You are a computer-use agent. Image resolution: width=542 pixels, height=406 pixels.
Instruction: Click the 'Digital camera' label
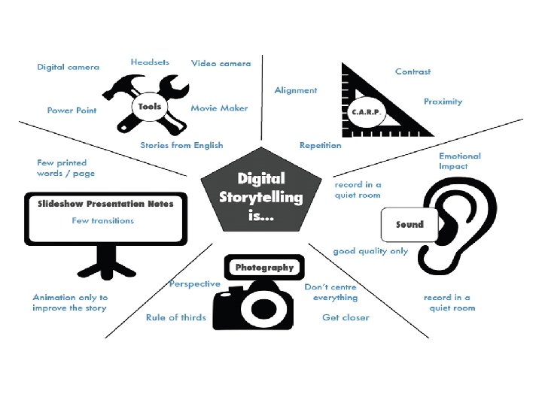point(68,67)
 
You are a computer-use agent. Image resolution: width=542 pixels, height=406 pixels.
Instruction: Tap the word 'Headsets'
point(150,62)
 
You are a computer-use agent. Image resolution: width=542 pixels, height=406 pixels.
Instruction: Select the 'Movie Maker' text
point(219,108)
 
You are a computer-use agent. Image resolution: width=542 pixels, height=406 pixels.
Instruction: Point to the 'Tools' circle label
point(149,107)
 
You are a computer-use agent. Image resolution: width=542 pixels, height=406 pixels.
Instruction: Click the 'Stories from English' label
point(181,145)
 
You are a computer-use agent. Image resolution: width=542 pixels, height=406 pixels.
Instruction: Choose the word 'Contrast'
point(413,71)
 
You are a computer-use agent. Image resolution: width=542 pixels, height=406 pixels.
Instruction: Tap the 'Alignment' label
point(296,90)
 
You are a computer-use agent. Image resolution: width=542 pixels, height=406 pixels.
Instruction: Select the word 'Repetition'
point(320,145)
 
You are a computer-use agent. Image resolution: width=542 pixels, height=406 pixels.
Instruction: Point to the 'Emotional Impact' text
point(459,161)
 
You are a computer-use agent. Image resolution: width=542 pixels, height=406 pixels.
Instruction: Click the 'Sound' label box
point(409,224)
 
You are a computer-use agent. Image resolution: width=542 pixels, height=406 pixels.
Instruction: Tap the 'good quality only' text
point(370,251)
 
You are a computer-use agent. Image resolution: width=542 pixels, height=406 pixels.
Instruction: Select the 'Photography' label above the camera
point(264,267)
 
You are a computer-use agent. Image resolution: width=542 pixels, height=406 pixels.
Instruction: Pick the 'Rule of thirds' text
point(175,317)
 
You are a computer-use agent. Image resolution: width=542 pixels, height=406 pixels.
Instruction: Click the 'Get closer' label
point(346,317)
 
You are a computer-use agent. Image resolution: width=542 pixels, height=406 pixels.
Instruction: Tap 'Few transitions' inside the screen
point(103,220)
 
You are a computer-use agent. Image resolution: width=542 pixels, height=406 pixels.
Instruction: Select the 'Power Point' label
point(72,110)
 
